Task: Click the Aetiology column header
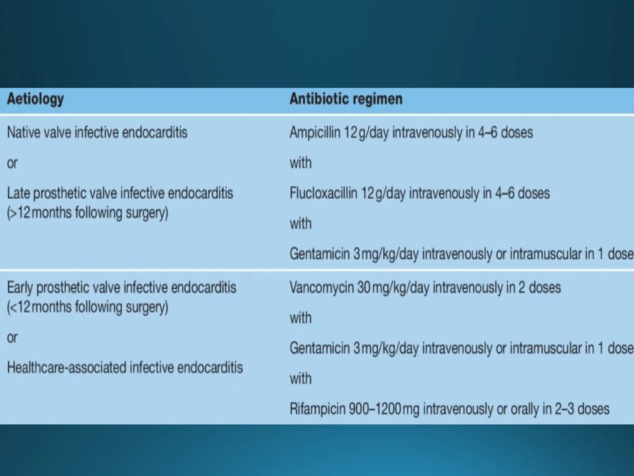click(35, 99)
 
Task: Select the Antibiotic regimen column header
click(346, 99)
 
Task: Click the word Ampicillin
click(315, 132)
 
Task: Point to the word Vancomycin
click(321, 288)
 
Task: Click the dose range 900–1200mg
click(384, 409)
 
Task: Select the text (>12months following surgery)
click(88, 213)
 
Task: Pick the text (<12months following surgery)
click(88, 307)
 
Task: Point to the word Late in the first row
click(18, 193)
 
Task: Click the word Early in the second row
click(20, 288)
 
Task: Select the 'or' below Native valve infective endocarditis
click(12, 163)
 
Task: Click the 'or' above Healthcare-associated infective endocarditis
click(12, 337)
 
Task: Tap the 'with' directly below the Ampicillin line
click(300, 163)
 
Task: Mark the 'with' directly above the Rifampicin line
click(300, 379)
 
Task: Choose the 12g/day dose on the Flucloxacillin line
click(383, 193)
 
